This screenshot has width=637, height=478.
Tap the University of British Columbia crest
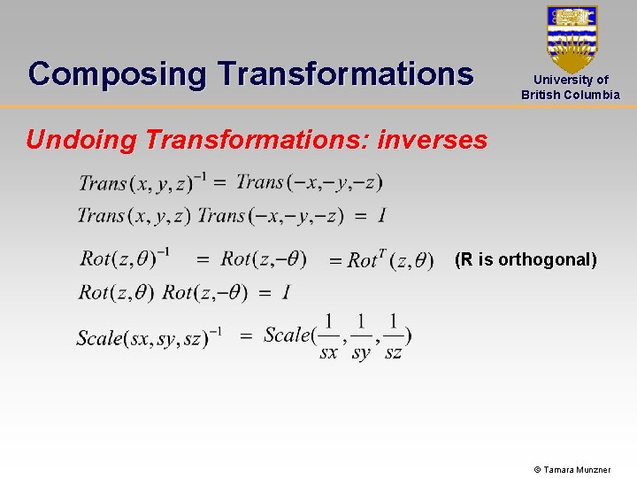point(572,37)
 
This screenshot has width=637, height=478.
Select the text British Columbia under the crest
point(571,95)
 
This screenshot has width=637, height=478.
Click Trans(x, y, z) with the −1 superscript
point(142,183)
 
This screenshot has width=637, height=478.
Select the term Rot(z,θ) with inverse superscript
point(124,258)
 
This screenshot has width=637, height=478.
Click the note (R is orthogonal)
point(526,259)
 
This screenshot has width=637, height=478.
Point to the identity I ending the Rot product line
point(286,292)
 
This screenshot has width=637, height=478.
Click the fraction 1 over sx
point(328,337)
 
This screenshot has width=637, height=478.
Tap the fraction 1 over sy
point(361,337)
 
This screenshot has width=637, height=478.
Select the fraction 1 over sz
point(393,337)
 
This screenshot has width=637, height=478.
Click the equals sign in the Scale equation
point(246,336)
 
